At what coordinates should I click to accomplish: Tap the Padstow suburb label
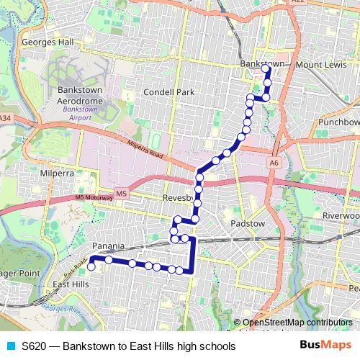coord(248,224)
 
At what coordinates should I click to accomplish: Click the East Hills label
coord(71,284)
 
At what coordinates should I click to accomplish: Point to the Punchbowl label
coord(338,122)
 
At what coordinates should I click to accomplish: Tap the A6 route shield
coord(274,163)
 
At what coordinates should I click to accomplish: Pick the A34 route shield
coord(6,117)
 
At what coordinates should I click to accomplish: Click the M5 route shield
coord(122,194)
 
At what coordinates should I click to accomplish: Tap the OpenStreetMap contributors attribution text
coord(297,323)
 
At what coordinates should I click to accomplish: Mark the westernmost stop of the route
coord(91,266)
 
